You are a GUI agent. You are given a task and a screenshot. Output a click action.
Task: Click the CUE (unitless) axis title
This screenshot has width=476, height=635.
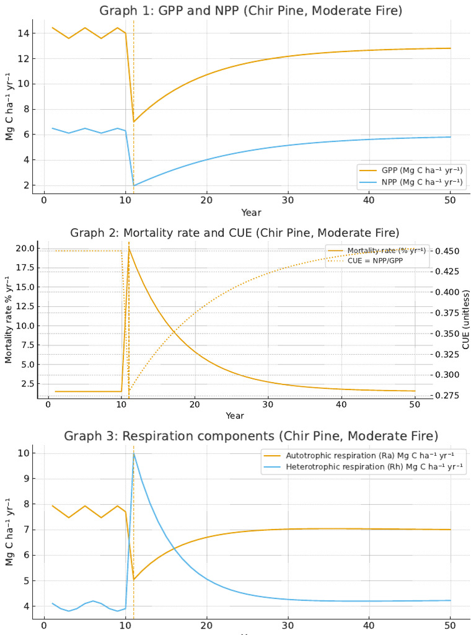tap(466, 323)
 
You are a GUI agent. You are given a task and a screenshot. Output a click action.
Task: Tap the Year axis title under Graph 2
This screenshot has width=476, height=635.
tap(235, 415)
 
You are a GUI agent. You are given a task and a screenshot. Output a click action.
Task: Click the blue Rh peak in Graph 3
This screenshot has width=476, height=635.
tap(134, 453)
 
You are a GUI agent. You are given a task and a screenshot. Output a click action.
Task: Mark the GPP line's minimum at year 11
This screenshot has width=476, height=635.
tap(134, 122)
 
